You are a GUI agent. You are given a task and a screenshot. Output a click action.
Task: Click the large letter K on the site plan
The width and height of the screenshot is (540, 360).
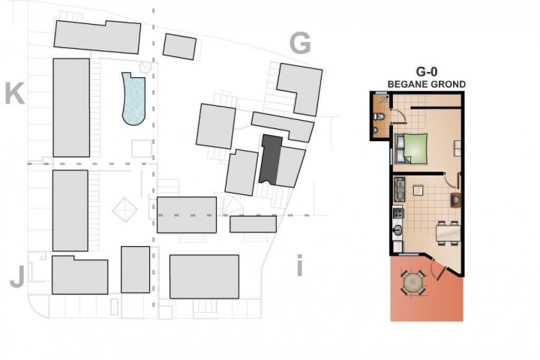(x=15, y=93)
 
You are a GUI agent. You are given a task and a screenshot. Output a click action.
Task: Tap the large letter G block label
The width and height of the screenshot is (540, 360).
(x=300, y=43)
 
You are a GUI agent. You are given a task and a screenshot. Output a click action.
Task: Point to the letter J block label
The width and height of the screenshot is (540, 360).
(x=17, y=277)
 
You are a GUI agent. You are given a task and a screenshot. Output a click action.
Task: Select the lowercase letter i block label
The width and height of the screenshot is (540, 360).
(x=299, y=265)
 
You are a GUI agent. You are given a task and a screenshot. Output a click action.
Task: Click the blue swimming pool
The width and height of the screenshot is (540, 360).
(x=134, y=100)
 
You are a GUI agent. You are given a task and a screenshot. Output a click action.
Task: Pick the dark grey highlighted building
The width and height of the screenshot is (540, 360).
(x=271, y=159)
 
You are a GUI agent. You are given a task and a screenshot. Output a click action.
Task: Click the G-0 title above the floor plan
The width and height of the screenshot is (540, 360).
(x=426, y=72)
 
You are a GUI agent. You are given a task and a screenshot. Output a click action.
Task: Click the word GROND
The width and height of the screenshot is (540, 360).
(x=447, y=84)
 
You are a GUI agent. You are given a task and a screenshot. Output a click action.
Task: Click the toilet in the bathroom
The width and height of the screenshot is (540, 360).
(x=379, y=117)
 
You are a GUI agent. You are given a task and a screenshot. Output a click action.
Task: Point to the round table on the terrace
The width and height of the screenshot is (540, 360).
(x=412, y=282)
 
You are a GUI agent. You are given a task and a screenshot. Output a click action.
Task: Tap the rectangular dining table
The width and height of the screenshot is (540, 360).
(x=448, y=232)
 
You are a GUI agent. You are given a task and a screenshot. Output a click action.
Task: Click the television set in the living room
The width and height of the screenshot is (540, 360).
(x=455, y=200)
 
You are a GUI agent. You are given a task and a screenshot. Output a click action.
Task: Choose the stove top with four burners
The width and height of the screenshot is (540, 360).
(x=398, y=212)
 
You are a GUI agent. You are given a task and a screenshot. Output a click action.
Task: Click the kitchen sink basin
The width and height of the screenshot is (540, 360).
(x=398, y=229)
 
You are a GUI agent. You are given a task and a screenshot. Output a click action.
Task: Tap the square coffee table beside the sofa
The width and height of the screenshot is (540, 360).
(x=418, y=190)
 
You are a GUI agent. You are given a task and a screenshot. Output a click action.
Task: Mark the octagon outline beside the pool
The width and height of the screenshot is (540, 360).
(x=145, y=67)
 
